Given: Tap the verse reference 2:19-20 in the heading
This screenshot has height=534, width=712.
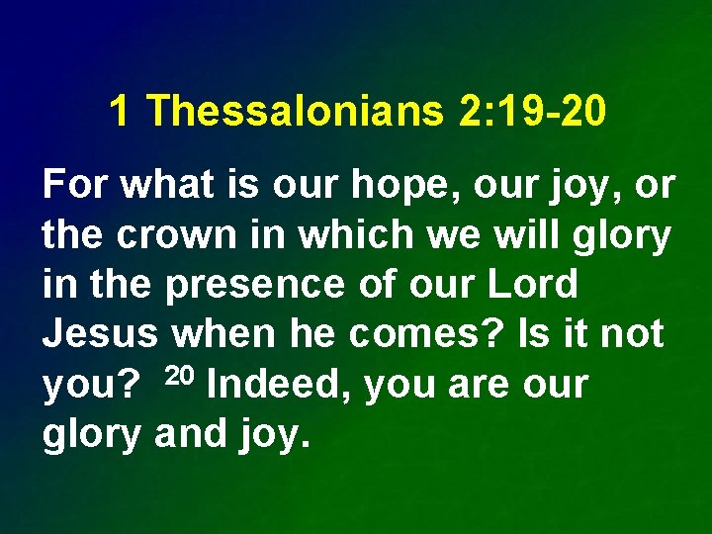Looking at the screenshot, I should point(529,112).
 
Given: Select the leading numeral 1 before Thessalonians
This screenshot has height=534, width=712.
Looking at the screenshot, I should point(119,112).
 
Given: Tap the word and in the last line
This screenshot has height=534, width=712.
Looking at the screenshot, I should point(191,434).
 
